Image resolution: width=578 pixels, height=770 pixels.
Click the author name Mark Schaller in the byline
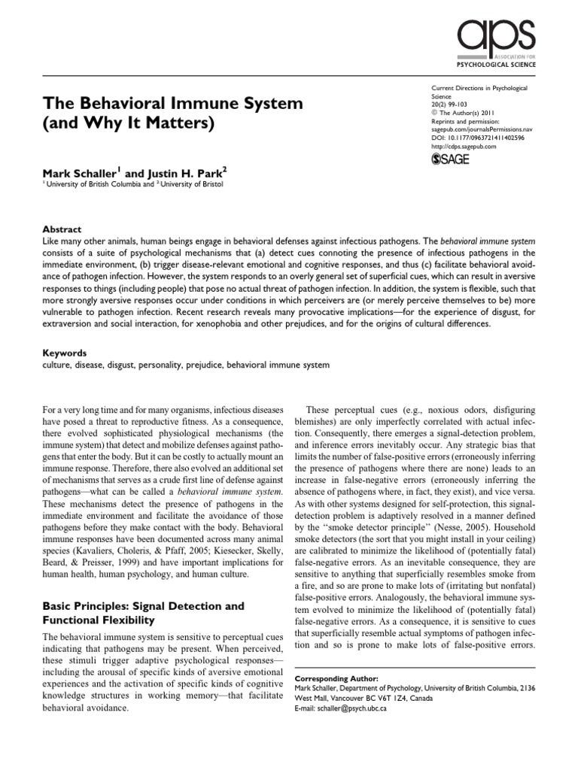point(72,174)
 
